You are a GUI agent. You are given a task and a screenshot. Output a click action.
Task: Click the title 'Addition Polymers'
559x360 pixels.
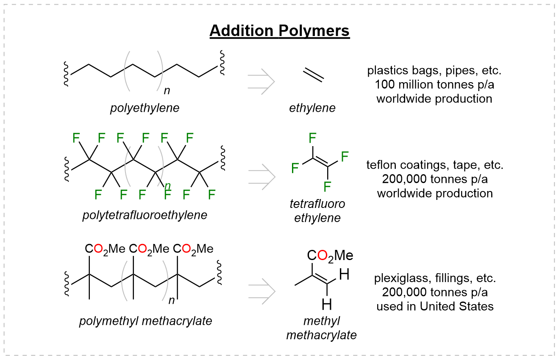[280, 31]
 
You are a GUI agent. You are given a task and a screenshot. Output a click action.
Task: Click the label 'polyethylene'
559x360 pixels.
[145, 108]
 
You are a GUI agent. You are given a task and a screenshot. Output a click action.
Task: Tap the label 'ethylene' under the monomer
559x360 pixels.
[312, 108]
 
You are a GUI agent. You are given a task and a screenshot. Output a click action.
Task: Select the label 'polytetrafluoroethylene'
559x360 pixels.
[145, 215]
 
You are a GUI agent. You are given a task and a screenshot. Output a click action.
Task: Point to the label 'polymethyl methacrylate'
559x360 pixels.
[145, 321]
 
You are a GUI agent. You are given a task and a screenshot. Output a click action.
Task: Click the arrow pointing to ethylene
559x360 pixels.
[261, 81]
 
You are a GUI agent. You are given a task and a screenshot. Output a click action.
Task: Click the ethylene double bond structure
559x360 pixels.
[314, 75]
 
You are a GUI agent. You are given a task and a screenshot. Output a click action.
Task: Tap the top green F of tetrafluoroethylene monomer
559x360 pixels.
[313, 138]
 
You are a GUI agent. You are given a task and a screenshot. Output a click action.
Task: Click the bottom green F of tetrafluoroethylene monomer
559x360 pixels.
[327, 186]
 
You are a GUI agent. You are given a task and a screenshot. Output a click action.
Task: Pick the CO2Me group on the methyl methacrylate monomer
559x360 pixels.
[330, 256]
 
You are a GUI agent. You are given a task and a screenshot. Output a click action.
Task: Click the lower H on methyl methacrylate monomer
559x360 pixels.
[326, 304]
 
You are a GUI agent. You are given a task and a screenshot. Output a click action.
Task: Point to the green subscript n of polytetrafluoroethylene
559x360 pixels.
[168, 185]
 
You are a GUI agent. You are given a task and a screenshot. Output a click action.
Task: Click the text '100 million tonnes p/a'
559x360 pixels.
[434, 85]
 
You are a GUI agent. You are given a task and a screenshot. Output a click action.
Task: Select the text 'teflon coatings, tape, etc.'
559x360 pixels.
[435, 165]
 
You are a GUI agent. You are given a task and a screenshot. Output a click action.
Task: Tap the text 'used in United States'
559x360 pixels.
[435, 306]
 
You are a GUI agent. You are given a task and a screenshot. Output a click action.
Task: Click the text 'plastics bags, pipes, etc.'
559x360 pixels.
[434, 70]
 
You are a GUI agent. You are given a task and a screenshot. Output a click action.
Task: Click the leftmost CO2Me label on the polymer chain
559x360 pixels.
[105, 249]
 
